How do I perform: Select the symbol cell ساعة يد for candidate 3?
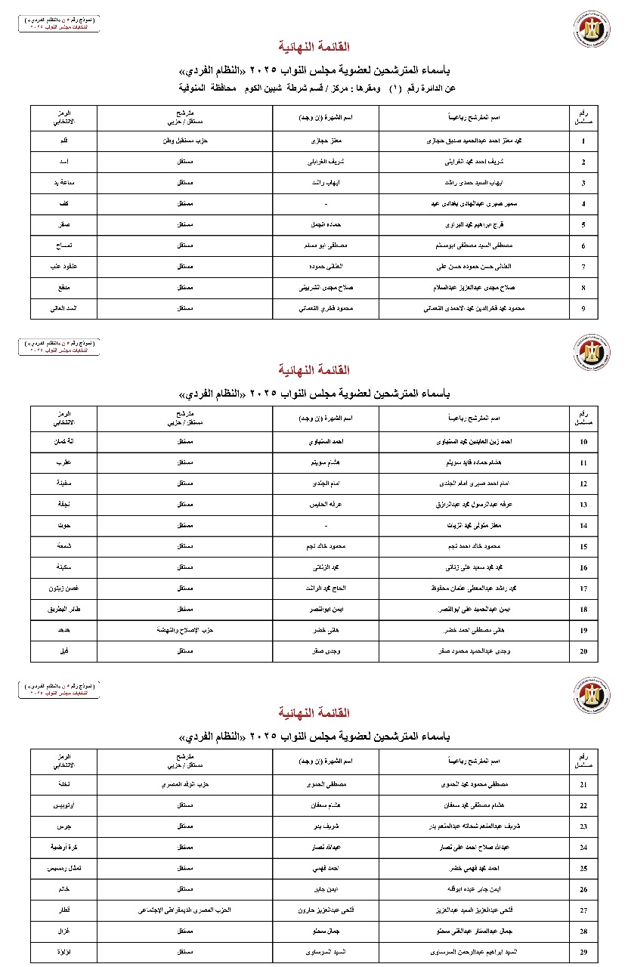[64, 184]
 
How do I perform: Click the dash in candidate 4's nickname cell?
[324, 205]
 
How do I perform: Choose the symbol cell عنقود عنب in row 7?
[64, 267]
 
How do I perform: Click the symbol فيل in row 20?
[64, 650]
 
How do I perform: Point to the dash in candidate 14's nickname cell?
[324, 524]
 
